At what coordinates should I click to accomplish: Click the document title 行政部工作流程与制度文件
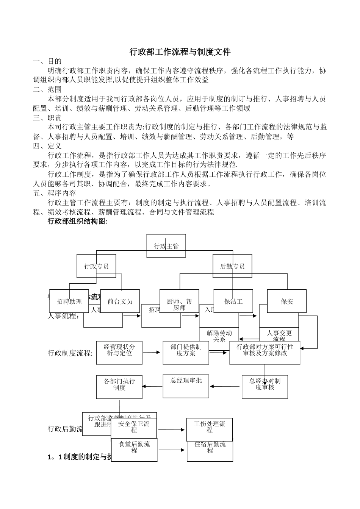(x=180, y=52)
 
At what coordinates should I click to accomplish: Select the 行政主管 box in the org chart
(x=166, y=246)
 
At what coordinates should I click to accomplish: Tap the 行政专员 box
(x=96, y=266)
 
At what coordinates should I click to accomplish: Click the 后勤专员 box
(x=232, y=266)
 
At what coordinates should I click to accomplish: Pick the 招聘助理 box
(x=69, y=301)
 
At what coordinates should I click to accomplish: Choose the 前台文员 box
(x=120, y=301)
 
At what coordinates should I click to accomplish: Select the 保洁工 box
(x=233, y=301)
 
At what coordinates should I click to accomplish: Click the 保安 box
(x=287, y=301)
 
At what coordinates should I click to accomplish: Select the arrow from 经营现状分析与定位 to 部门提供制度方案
(x=152, y=352)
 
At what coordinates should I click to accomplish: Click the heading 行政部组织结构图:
(x=77, y=222)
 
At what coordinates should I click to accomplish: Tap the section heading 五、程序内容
(x=55, y=193)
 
